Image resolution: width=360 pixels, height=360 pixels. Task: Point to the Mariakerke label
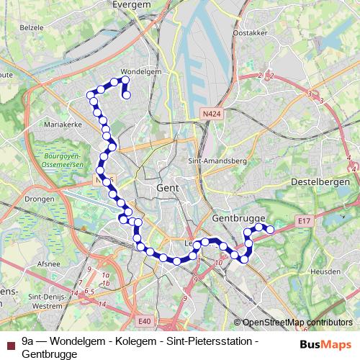tap(63, 125)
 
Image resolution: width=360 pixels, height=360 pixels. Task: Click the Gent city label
tap(166, 188)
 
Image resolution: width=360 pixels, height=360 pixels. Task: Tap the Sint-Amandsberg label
tap(217, 161)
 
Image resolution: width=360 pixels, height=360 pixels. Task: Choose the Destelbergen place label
tap(320, 183)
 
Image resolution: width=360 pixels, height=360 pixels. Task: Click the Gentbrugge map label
tap(240, 217)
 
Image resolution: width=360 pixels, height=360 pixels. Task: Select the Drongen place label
tap(40, 197)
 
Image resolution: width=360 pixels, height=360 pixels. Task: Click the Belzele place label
tap(32, 27)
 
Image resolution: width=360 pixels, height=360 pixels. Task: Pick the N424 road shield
tap(211, 114)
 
